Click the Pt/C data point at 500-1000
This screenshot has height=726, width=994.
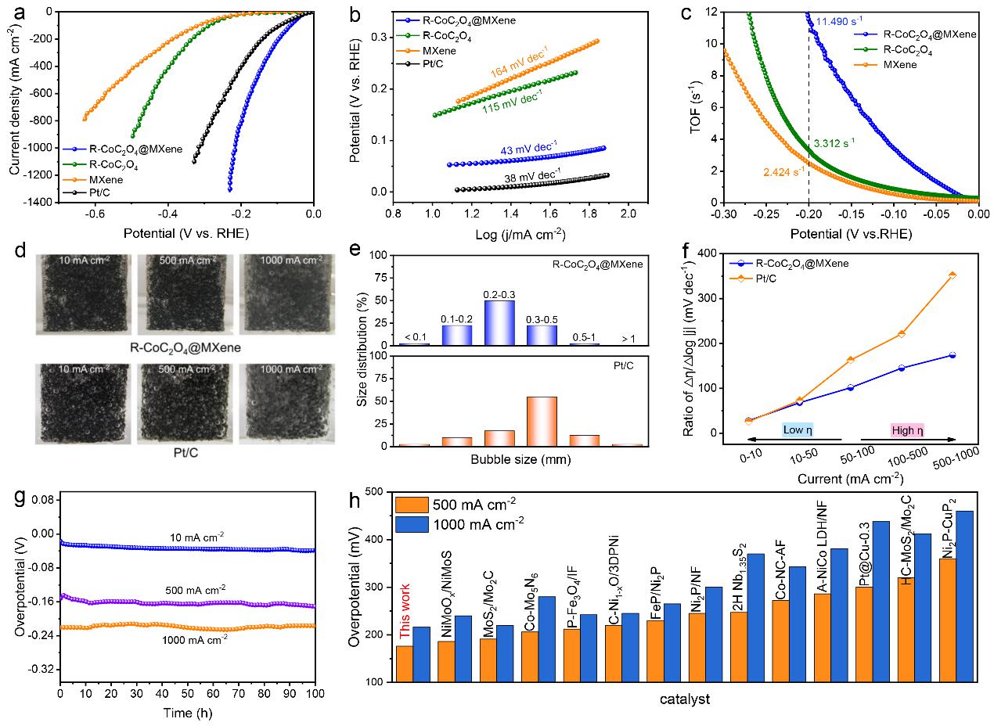[x=952, y=275]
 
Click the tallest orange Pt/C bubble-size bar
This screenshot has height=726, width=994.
[x=542, y=421]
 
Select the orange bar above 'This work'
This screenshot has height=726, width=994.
[x=404, y=663]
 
